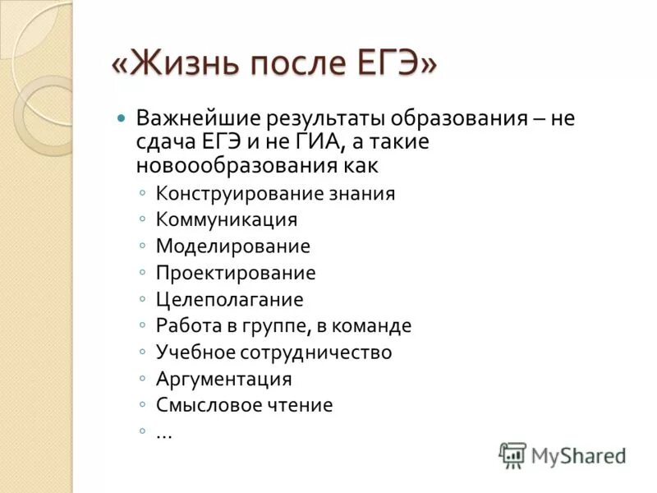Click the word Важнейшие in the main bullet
[x=197, y=117]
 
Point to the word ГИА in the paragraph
[x=325, y=141]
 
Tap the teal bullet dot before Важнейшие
[x=122, y=117]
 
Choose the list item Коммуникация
[x=227, y=220]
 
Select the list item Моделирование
[x=233, y=246]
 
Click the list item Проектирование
[x=236, y=273]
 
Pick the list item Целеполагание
[x=230, y=299]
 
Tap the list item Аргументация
[x=224, y=379]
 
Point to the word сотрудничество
[x=316, y=352]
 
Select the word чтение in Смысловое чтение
[x=301, y=405]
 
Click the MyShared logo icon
[x=512, y=454]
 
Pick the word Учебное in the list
[x=195, y=352]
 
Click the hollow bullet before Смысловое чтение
[x=143, y=406]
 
